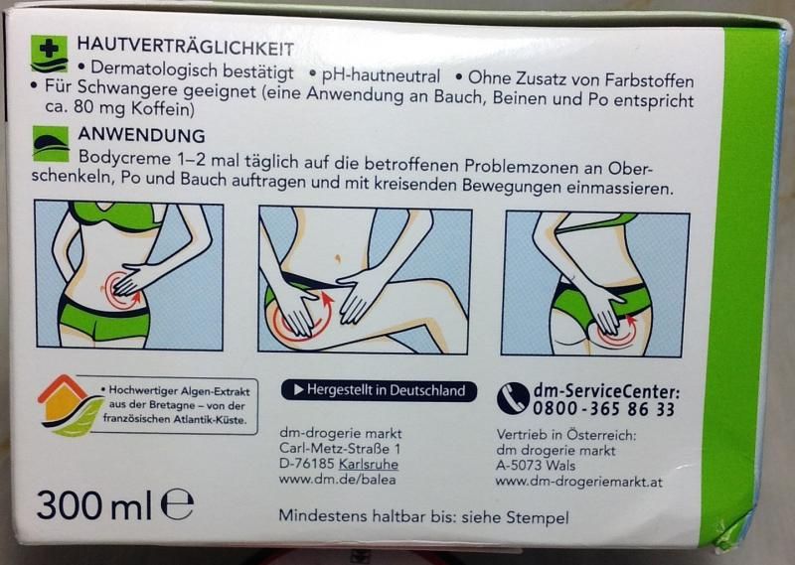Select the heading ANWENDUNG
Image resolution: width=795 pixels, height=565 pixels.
(x=141, y=135)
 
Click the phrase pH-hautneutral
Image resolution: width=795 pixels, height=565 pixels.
(x=381, y=76)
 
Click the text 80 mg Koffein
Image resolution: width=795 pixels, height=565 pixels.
(x=133, y=108)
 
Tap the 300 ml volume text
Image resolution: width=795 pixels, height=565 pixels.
(x=94, y=504)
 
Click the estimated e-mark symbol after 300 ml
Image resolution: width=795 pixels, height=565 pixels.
(x=178, y=504)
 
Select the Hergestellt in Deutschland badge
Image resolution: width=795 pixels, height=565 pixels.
(x=379, y=390)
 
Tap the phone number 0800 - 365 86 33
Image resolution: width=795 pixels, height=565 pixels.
(x=603, y=409)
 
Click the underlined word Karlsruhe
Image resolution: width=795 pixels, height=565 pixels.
(x=368, y=464)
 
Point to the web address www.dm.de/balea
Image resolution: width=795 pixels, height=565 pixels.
(x=337, y=480)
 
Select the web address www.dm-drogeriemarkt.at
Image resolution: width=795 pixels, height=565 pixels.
(x=579, y=482)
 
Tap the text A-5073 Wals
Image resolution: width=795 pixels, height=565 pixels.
(x=536, y=466)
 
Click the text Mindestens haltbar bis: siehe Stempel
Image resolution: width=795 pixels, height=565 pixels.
(x=423, y=517)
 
